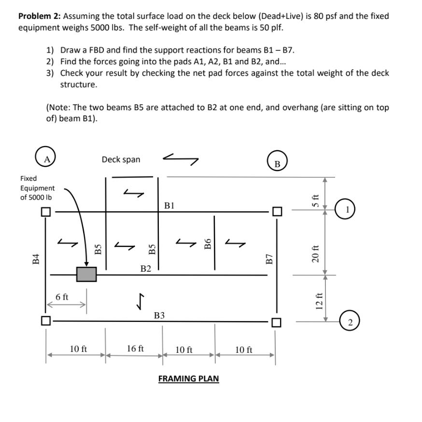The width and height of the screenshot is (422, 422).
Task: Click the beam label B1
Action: (169, 204)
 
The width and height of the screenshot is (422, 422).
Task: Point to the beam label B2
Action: (146, 268)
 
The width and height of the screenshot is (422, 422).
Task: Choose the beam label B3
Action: (159, 315)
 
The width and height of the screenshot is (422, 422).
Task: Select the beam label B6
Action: (209, 244)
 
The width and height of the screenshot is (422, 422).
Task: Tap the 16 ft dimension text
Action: (135, 348)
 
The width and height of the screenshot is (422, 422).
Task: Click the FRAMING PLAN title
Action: (188, 378)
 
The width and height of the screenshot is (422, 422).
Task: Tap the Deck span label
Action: (121, 160)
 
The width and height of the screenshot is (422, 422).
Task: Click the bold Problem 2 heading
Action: (41, 16)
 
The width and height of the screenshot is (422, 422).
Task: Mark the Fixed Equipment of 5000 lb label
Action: (37, 188)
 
